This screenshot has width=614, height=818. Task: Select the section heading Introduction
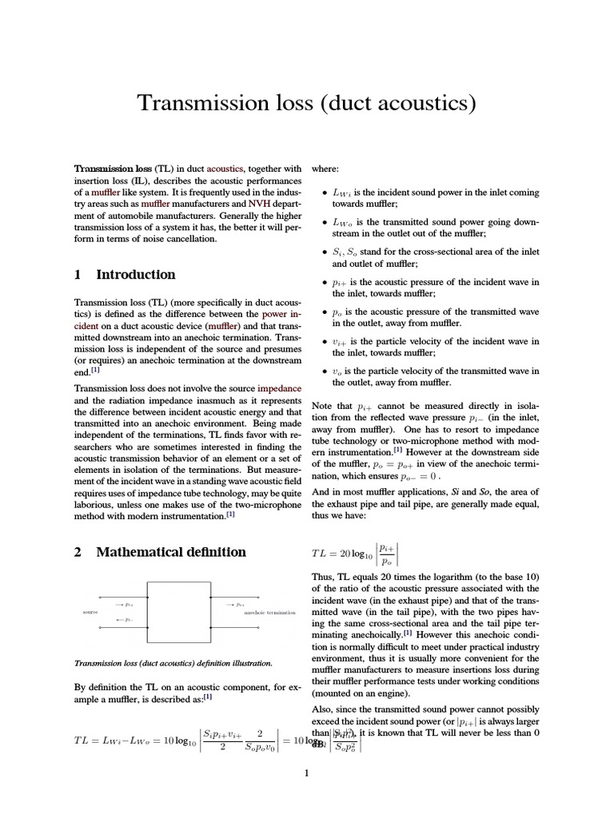click(135, 275)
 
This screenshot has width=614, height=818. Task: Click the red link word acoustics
click(227, 169)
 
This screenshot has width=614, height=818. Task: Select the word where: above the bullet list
click(325, 169)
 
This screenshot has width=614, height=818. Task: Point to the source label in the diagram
click(90, 613)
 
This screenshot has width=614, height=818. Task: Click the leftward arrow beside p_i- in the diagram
click(119, 620)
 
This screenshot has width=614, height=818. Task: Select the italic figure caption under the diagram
click(173, 663)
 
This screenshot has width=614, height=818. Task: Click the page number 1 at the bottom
click(307, 772)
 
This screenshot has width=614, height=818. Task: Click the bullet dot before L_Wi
click(323, 193)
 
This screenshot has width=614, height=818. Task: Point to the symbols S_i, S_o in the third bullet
click(346, 252)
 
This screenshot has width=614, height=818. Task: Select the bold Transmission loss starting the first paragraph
click(113, 169)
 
